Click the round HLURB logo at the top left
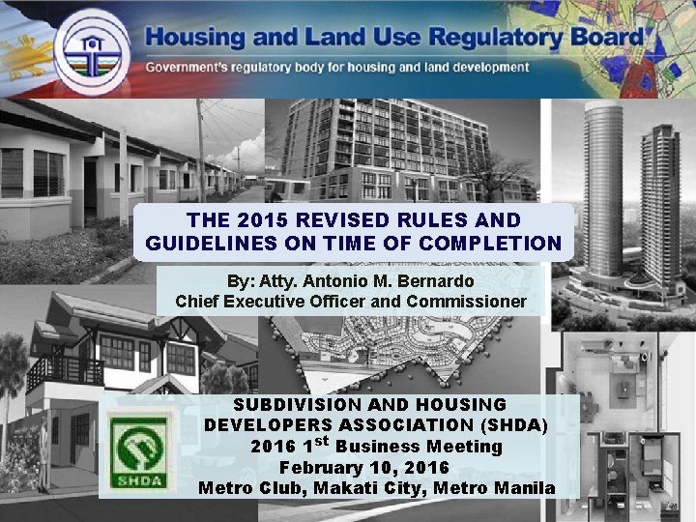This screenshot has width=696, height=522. tap(93, 49)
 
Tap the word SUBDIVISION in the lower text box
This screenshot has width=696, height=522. tap(301, 404)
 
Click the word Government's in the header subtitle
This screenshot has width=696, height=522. tap(195, 68)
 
